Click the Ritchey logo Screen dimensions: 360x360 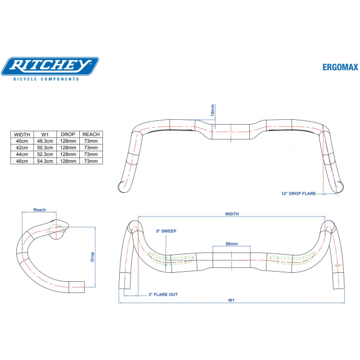click(49, 66)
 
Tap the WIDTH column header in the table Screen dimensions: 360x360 click(22, 135)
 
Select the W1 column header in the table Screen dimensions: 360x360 click(44, 135)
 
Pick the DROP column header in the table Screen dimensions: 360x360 click(68, 135)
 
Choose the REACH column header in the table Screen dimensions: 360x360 click(91, 135)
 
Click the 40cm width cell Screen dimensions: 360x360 click(22, 141)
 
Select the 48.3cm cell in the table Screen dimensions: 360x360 click(44, 141)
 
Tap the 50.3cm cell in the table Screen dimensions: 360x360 click(44, 148)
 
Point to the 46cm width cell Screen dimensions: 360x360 click(22, 161)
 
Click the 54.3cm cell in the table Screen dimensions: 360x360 click(44, 161)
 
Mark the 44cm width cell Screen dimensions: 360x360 click(22, 154)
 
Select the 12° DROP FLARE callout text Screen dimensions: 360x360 click(298, 193)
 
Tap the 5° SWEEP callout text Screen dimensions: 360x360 click(166, 231)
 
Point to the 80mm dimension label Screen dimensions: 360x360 click(231, 244)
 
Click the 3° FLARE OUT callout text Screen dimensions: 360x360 click(163, 295)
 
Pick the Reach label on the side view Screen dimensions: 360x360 click(39, 210)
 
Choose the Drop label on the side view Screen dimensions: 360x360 click(92, 256)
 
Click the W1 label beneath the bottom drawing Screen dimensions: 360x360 click(231, 300)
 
